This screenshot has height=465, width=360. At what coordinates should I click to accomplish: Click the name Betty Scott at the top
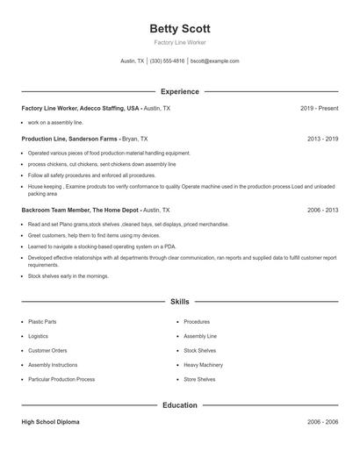tap(180, 29)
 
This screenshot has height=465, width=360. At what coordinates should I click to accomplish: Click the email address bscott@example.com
tap(214, 61)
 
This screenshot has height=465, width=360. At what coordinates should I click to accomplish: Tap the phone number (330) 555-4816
tap(167, 61)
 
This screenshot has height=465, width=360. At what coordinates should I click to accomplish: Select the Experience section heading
tap(180, 91)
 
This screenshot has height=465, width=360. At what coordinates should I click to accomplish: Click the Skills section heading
tap(180, 301)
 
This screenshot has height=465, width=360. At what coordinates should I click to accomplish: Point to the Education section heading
tap(180, 405)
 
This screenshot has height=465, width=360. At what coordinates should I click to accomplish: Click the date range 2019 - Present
tap(319, 108)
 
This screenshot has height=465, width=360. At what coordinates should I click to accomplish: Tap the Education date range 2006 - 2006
tap(323, 422)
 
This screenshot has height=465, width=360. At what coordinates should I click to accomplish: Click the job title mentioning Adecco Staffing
tap(81, 108)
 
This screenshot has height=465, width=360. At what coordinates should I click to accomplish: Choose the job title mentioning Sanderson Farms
tap(70, 139)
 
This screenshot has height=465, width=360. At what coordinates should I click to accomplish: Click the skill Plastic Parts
tap(42, 322)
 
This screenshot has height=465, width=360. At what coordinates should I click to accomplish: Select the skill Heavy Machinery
tap(203, 365)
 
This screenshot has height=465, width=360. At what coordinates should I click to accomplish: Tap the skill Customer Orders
tap(47, 351)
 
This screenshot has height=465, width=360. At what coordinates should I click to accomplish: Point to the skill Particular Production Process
tap(61, 379)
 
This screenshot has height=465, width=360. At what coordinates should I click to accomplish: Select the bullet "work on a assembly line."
tap(54, 123)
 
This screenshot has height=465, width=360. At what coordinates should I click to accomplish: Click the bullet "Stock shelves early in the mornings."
tap(68, 275)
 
